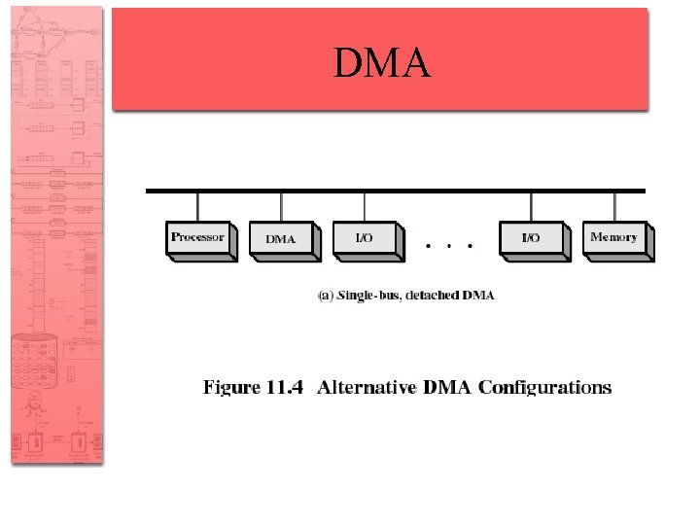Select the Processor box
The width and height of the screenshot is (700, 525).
(x=198, y=237)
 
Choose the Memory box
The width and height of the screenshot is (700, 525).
(x=614, y=237)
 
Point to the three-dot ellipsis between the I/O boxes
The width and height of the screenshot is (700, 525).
(x=449, y=246)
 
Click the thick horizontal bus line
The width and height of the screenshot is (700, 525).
(x=395, y=191)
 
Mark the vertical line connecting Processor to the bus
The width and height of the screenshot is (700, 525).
(x=198, y=207)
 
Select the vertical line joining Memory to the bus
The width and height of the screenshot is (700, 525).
(x=614, y=207)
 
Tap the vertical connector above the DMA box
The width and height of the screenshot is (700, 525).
(x=282, y=207)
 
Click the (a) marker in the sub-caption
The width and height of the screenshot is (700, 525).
(x=327, y=296)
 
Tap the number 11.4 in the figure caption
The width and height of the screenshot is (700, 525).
(x=284, y=387)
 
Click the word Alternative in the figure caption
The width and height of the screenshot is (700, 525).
(x=367, y=387)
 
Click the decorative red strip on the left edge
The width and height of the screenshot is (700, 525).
(x=56, y=233)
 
